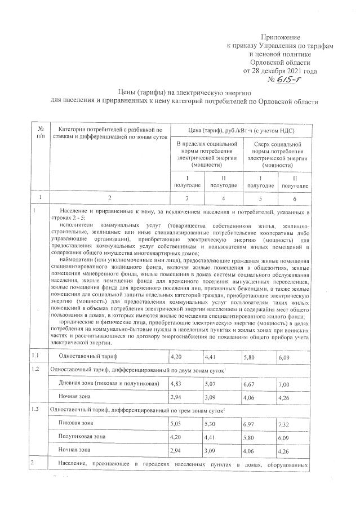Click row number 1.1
(37, 356)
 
